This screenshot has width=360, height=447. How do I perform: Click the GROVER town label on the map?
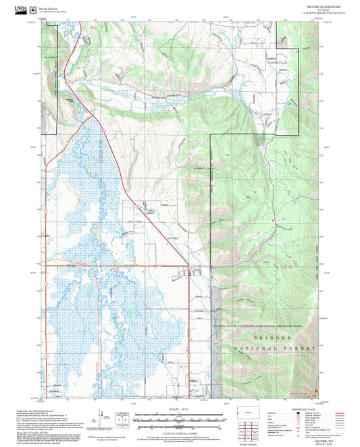pos(173,238)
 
